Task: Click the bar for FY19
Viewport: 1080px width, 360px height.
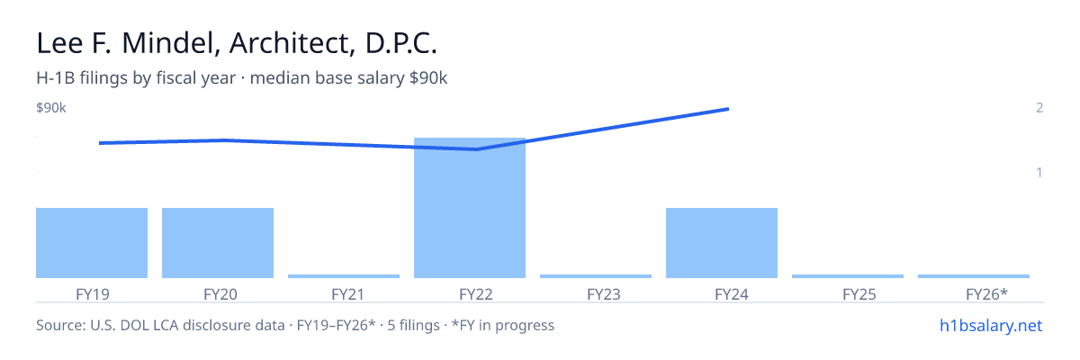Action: coord(92,243)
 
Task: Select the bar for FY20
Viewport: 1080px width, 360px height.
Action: coord(218,243)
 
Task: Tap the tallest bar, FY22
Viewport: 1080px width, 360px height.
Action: coord(470,208)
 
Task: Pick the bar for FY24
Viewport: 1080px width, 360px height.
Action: coord(722,243)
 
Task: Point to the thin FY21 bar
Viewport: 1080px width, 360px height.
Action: coord(344,276)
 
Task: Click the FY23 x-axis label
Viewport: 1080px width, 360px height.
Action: coord(604,294)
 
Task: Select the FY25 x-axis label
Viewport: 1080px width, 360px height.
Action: coord(859,294)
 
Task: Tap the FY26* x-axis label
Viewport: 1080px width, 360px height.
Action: coord(987,294)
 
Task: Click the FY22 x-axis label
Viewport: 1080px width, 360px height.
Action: coord(476,294)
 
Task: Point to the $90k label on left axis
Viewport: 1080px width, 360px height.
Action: coord(51,107)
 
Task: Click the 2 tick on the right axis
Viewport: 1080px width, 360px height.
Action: coord(1039,107)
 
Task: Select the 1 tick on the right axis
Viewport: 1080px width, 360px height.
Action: coord(1039,172)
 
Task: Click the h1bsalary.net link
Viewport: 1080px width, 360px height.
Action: coord(991,325)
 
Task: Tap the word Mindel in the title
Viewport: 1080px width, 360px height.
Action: coord(168,43)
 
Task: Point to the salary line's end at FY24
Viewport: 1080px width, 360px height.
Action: coord(728,110)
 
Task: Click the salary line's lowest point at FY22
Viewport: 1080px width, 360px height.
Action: coord(476,149)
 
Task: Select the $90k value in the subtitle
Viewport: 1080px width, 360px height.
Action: coord(428,78)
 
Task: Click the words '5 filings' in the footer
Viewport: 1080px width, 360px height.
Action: coord(414,325)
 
